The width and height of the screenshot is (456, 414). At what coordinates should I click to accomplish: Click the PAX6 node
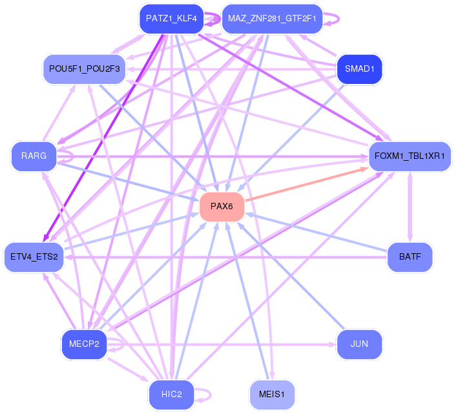tap(222, 207)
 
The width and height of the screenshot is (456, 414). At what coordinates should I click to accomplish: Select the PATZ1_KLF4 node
tap(172, 19)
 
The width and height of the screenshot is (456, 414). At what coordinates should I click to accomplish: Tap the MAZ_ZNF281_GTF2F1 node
tap(272, 19)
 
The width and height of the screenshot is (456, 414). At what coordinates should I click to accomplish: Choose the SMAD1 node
tap(360, 69)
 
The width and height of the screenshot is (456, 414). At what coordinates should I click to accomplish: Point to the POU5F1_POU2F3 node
tap(85, 69)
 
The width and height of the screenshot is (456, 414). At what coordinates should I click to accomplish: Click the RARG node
tap(34, 156)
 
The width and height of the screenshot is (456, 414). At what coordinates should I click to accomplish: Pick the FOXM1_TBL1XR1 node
tap(409, 156)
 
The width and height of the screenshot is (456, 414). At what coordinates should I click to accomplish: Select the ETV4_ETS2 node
tap(34, 256)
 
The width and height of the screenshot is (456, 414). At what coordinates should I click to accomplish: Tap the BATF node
tap(409, 256)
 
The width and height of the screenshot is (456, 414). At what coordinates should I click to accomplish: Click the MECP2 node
tap(85, 344)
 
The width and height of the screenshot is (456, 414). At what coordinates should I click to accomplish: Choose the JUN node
tap(360, 344)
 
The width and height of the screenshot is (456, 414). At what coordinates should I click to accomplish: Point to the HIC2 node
tap(172, 394)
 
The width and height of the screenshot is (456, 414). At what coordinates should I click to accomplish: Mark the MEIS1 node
tap(272, 394)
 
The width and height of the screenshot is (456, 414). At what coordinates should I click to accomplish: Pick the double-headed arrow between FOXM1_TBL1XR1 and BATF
tap(409, 207)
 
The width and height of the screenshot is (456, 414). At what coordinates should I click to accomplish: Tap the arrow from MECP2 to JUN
tap(222, 344)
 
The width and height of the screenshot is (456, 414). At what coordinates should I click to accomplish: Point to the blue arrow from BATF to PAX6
tap(316, 232)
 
